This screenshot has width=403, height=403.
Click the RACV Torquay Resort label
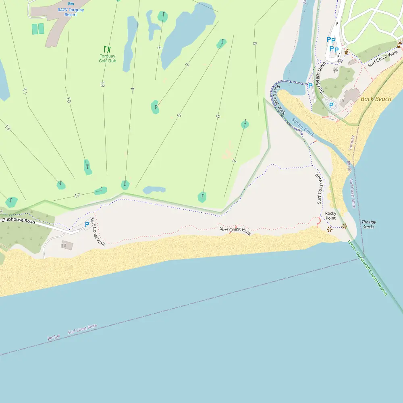71,12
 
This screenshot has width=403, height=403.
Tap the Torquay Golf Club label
107,58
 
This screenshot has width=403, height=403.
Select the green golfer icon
107,49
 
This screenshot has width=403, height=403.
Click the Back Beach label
376,99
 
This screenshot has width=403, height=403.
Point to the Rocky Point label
330,216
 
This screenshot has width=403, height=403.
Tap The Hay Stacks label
368,224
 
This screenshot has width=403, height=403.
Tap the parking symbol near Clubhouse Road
87,224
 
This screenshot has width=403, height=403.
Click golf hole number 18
102,85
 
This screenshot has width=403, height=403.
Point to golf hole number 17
77,196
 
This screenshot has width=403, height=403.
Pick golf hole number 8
254,43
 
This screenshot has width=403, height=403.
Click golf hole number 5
179,116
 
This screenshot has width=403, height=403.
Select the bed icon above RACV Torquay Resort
71,3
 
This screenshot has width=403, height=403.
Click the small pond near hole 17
154,189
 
